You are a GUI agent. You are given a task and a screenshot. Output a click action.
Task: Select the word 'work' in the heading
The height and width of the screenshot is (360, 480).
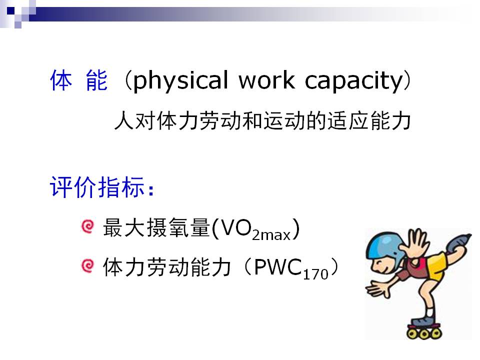[267, 79]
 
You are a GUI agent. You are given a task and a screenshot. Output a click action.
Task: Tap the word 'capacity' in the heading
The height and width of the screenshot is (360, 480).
[354, 81]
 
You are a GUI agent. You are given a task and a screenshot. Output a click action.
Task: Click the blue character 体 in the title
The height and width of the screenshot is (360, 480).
[61, 80]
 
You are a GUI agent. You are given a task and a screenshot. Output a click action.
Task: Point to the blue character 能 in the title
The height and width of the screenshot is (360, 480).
[96, 80]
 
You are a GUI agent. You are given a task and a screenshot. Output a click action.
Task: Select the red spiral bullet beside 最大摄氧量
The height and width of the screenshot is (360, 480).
[87, 227]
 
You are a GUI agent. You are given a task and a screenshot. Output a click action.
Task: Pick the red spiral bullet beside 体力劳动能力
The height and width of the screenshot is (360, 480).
[87, 265]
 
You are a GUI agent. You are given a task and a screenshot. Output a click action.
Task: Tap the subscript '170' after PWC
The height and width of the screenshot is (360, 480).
[315, 274]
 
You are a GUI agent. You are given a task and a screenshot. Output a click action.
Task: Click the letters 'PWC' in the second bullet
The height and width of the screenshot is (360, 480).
[277, 266]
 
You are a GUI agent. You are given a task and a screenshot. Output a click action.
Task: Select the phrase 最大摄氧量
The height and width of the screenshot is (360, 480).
[156, 228]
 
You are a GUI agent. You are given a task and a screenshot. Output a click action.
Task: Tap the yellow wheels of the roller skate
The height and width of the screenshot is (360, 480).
[424, 333]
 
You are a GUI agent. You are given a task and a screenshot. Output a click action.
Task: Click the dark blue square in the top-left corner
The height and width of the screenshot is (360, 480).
[11, 11]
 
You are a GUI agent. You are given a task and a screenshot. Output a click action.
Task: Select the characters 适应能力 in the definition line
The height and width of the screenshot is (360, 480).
[369, 121]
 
